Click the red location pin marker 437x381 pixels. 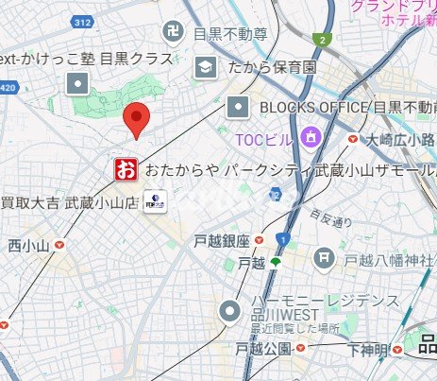coord(138,119)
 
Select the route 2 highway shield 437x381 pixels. coord(324,39)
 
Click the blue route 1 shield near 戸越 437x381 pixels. coord(282,240)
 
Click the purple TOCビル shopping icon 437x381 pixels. coord(309,140)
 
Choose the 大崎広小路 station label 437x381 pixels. coord(396,140)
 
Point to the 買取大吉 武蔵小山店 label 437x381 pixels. coord(68,201)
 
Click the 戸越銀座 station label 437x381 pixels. coord(220,240)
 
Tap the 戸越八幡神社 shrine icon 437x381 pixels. coord(325,256)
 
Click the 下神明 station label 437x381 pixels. coord(367,350)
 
